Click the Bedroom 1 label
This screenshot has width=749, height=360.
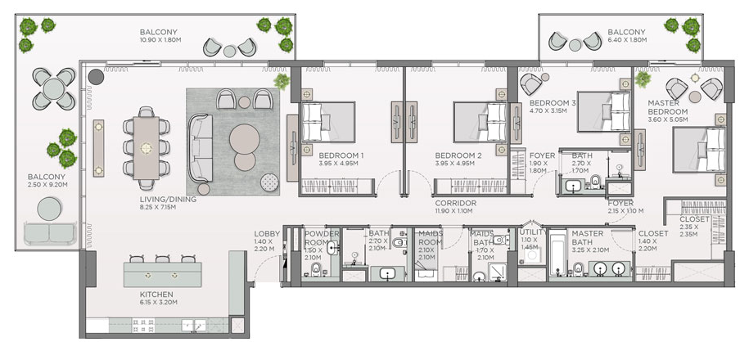pos(341,155)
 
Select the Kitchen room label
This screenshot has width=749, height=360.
pos(156,294)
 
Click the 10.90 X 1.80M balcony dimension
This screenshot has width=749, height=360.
pos(160,40)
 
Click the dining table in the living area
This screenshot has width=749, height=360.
pos(147,148)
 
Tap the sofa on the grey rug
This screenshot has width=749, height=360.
pos(201,148)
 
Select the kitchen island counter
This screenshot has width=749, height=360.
pos(162,275)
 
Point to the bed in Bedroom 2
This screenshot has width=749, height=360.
pos(480,122)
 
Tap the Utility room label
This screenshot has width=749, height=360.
pos(533,232)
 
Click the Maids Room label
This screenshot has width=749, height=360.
pos(431,237)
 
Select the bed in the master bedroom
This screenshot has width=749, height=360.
pos(699,150)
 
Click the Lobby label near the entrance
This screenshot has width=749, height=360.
pos(267,234)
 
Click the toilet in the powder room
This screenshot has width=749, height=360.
pos(316,271)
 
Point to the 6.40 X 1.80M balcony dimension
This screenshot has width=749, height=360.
pos(627,40)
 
